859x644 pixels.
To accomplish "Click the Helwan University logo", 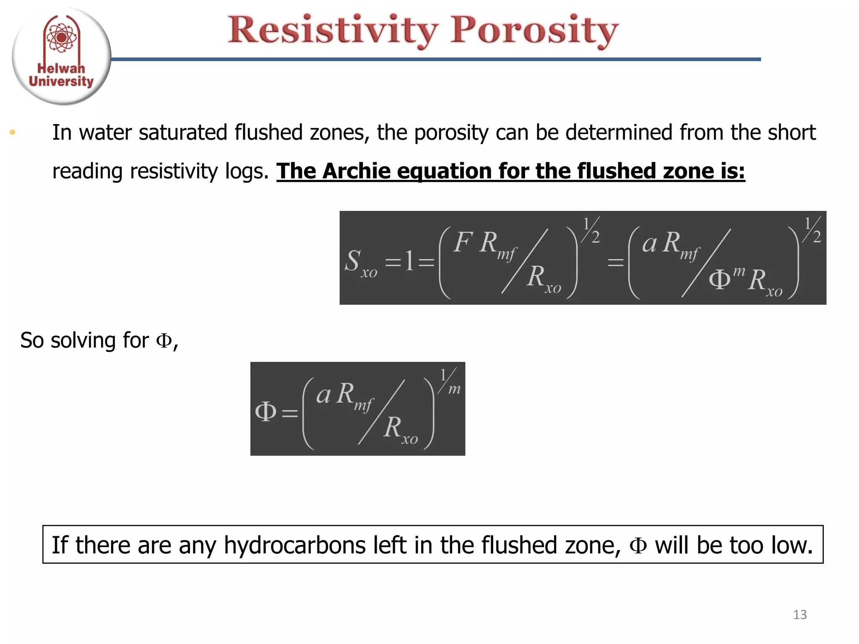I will [x=61, y=56].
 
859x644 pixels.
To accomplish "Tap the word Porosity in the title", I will [x=534, y=30].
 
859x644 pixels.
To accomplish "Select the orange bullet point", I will [x=13, y=133].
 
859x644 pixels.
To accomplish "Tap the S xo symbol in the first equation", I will [x=360, y=262].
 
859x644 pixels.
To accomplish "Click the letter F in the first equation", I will [x=463, y=242].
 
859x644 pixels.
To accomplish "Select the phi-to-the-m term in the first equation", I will [x=726, y=278].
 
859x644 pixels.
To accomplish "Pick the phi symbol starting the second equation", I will [x=266, y=412].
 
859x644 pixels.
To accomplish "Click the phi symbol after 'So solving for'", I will [x=164, y=340].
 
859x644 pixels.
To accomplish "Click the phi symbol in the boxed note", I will [x=638, y=545].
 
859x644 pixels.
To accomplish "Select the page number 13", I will [x=799, y=615].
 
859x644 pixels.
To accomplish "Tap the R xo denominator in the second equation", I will [x=400, y=429].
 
